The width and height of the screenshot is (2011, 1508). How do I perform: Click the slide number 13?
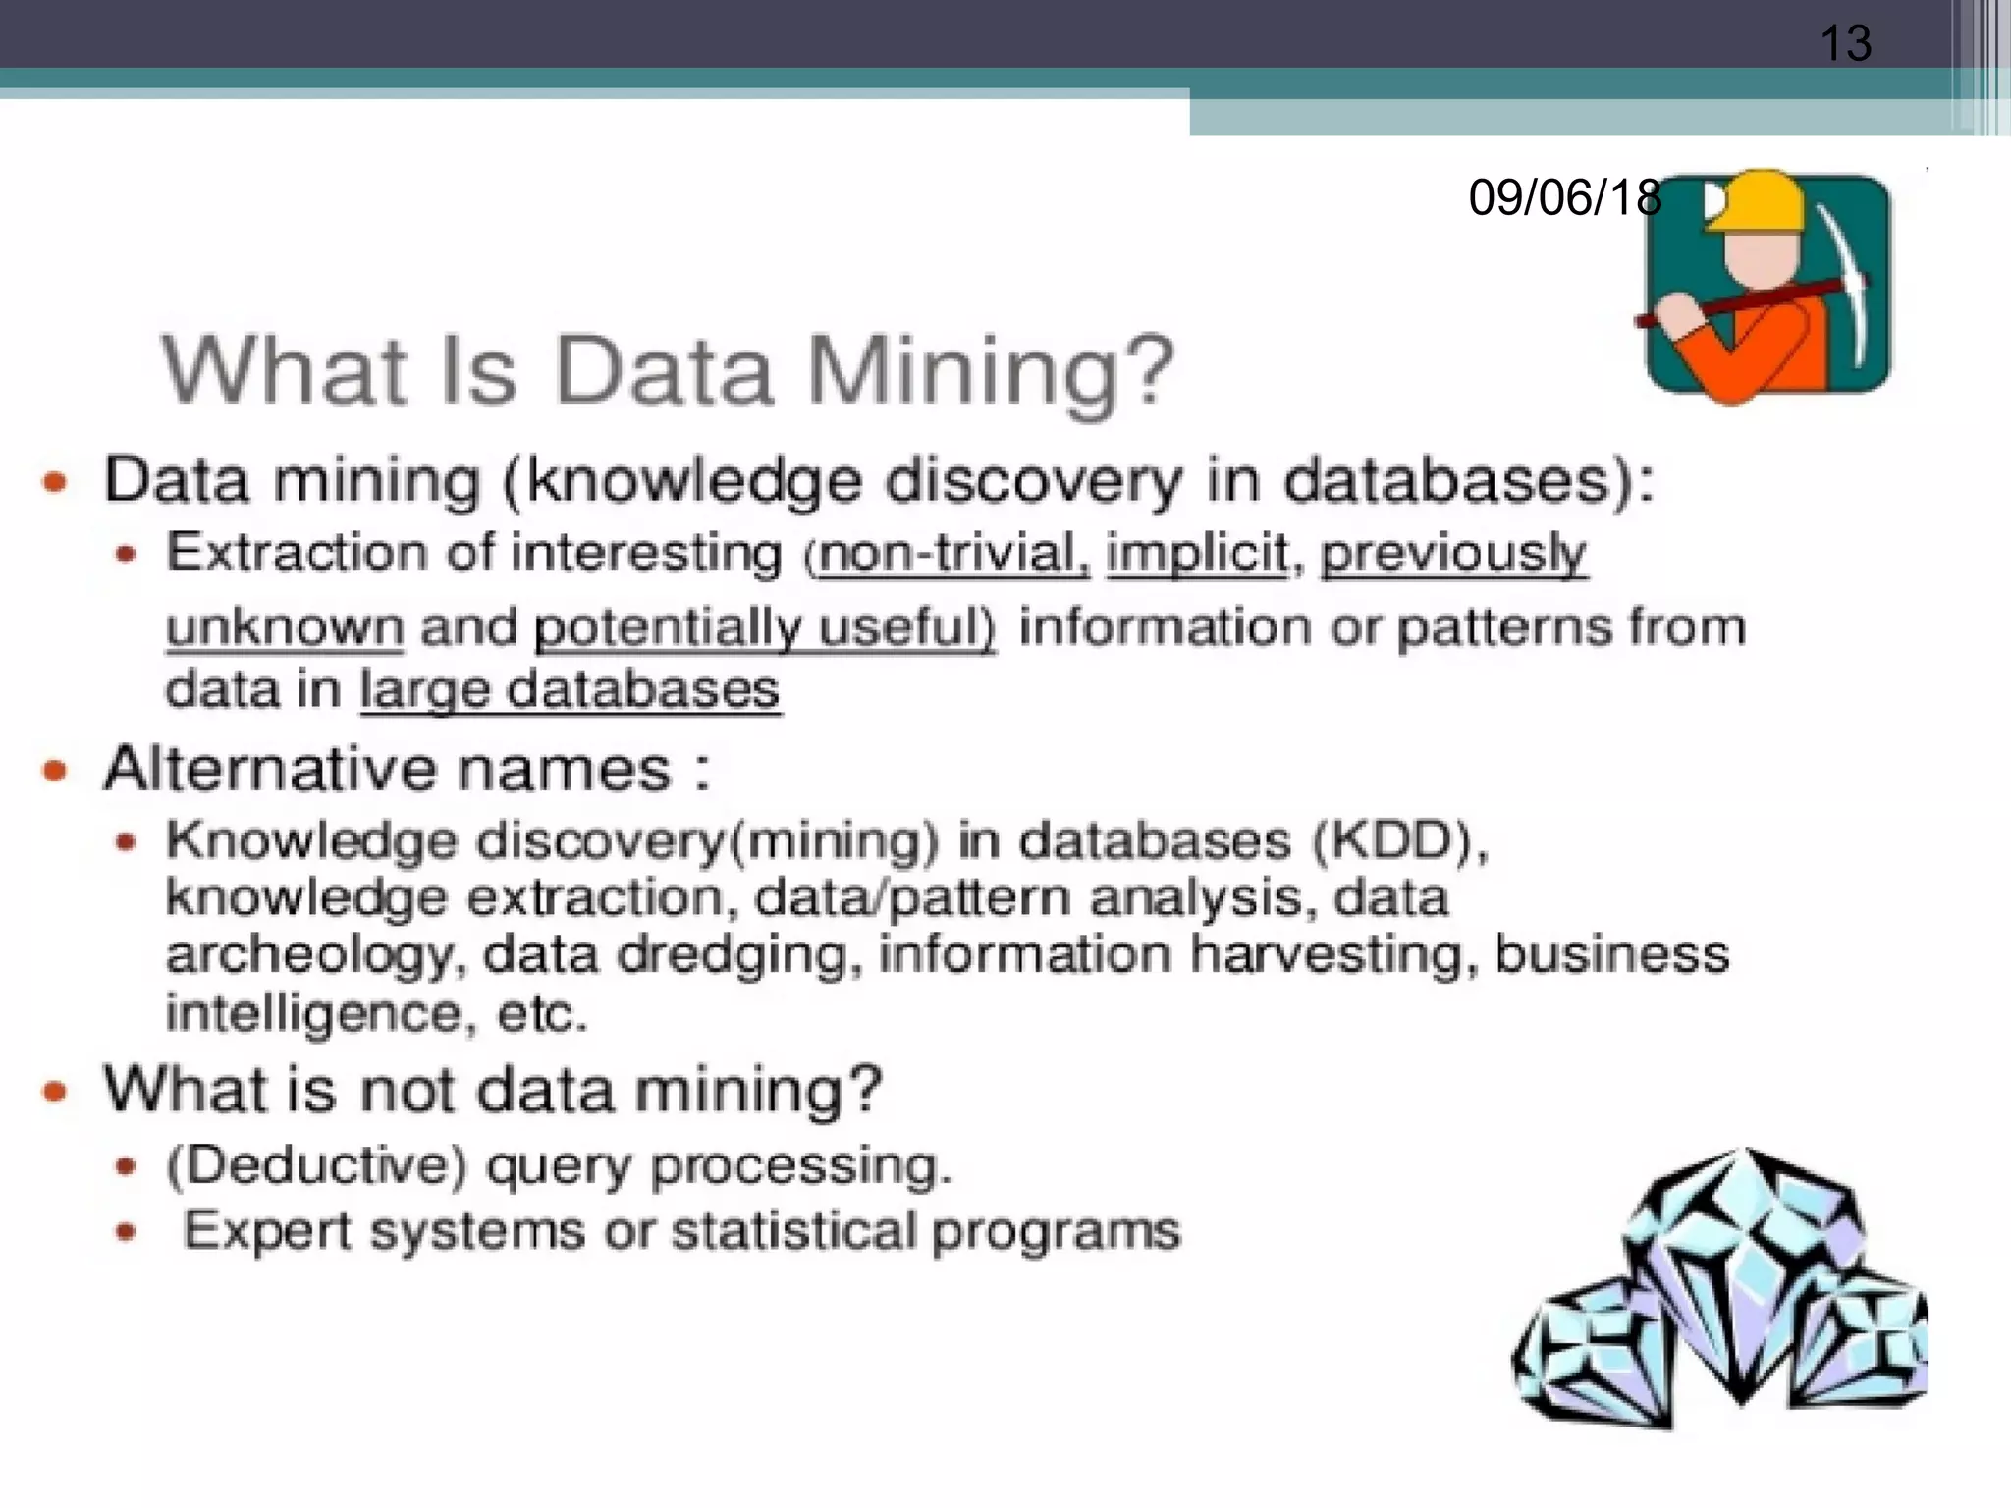pos(1845,43)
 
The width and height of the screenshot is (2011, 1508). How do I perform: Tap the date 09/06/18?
pos(1564,197)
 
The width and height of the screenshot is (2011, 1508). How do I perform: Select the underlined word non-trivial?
pos(953,554)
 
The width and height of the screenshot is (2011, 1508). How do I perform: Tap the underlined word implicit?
pos(1197,554)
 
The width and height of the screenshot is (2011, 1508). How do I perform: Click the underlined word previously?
pos(1452,556)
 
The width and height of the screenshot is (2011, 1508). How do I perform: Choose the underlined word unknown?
pos(285,627)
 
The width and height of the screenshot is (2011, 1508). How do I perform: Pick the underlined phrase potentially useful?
pos(763,627)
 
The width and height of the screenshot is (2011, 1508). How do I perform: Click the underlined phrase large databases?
pos(571,690)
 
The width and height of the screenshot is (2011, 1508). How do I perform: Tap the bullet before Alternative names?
pos(55,770)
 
